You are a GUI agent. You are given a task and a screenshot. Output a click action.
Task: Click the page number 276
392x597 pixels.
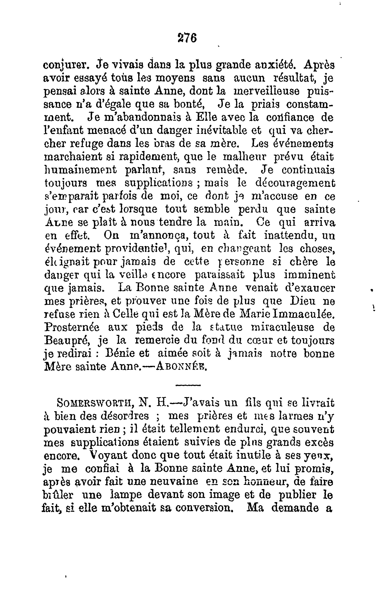(187, 38)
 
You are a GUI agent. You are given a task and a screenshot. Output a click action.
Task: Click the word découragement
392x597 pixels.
(295, 183)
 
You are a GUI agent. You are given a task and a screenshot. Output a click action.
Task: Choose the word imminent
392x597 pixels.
(310, 275)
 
